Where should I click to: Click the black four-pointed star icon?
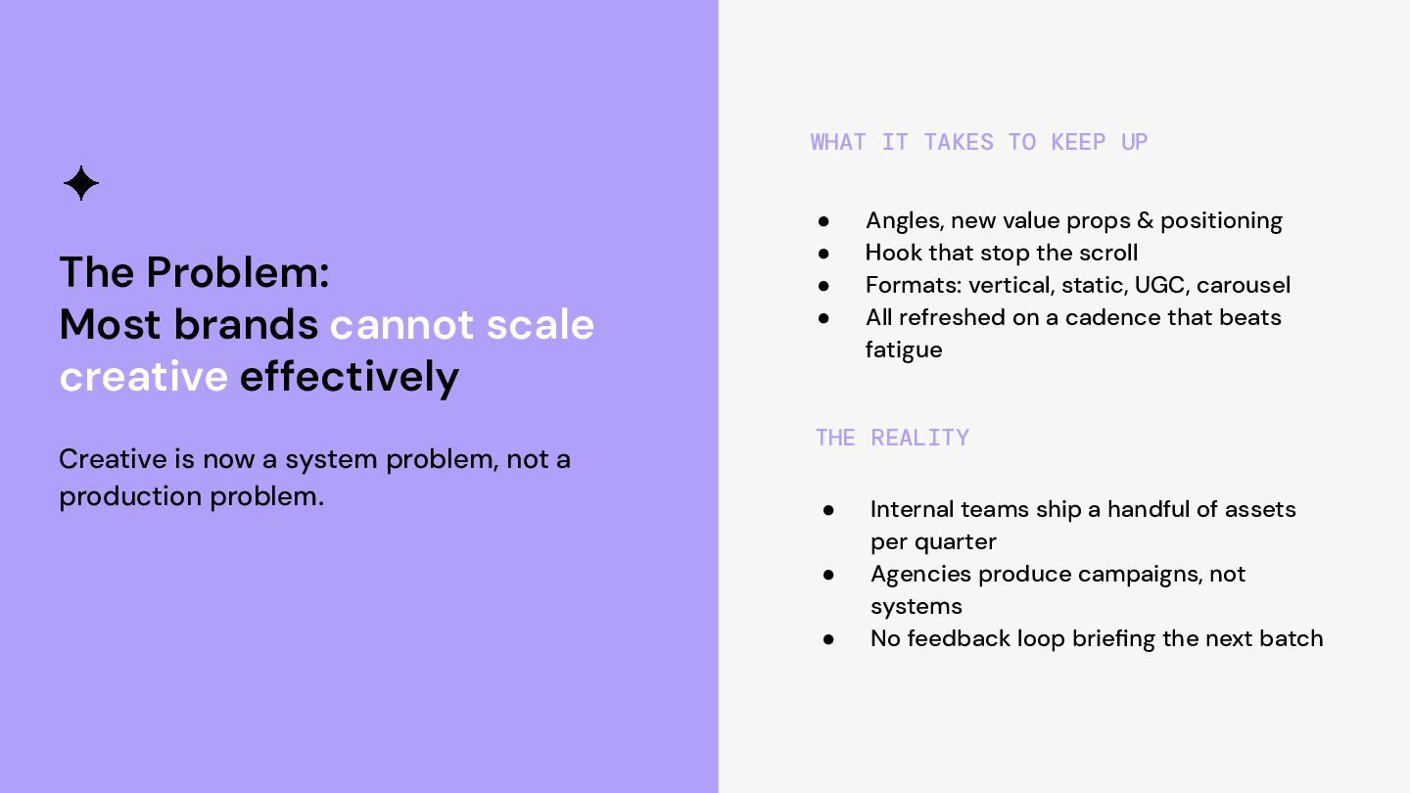81,183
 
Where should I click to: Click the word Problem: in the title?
238,272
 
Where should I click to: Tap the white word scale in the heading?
540,325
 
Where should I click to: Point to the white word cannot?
401,325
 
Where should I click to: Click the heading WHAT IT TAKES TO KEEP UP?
979,142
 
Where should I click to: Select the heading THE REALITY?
892,438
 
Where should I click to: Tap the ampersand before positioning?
1145,220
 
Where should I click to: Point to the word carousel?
1244,285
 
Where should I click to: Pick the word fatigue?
904,350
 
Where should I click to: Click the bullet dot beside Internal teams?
828,510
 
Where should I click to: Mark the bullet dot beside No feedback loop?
828,640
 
